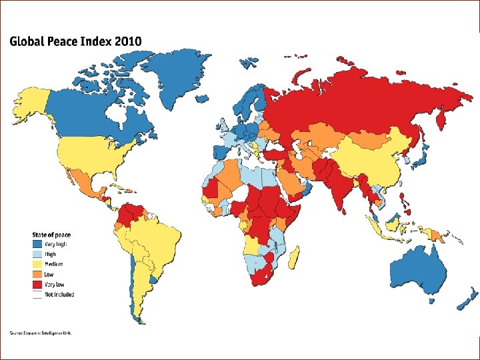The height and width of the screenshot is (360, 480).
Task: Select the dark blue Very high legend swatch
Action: [37, 244]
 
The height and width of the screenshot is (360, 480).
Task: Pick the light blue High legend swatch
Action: [37, 254]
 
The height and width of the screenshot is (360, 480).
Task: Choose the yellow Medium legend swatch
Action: [37, 264]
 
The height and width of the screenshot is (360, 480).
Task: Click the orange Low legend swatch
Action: [37, 274]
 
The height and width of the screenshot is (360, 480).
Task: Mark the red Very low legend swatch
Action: [37, 284]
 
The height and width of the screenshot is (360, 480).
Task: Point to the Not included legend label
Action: [59, 294]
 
